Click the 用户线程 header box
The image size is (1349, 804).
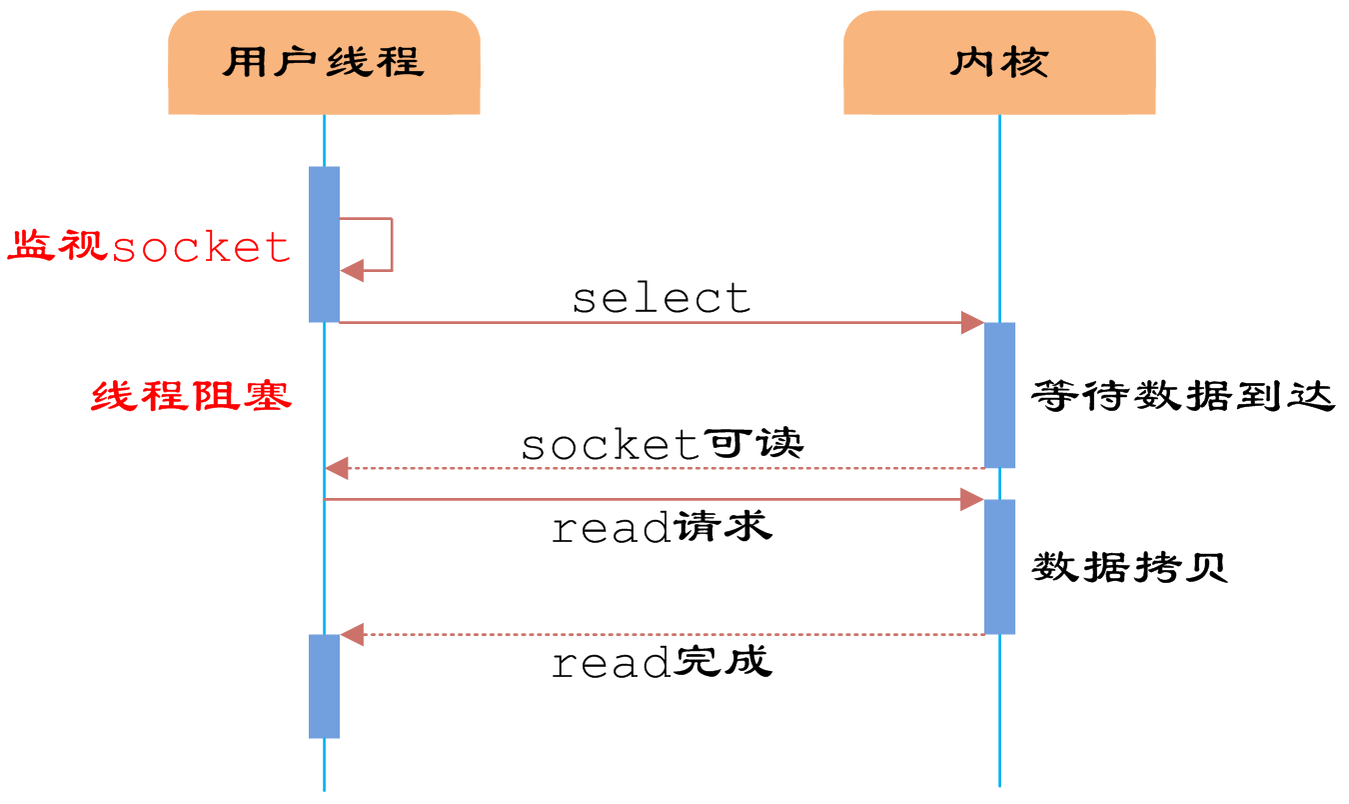click(324, 63)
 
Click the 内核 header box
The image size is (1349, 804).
click(999, 63)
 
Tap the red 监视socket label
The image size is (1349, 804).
click(150, 246)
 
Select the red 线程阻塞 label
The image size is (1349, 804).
click(192, 396)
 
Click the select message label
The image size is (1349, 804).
click(662, 298)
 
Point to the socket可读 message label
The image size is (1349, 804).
click(662, 444)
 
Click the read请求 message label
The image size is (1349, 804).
click(662, 527)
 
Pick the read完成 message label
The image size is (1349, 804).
click(662, 662)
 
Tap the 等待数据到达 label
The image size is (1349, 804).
click(1183, 396)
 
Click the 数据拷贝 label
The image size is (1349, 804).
click(1129, 568)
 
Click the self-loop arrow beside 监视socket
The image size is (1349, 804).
click(390, 245)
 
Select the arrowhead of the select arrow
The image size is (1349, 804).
click(972, 322)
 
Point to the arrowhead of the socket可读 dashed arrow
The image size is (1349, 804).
click(337, 468)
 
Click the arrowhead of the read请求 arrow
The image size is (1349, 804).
click(972, 499)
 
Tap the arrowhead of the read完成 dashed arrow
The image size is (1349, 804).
click(352, 634)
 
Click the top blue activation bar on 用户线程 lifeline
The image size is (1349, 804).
click(324, 244)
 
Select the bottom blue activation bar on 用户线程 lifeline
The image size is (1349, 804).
click(324, 686)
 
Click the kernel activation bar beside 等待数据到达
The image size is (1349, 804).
click(999, 395)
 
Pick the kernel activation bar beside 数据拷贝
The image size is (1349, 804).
click(999, 566)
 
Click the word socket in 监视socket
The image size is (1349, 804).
click(201, 247)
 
